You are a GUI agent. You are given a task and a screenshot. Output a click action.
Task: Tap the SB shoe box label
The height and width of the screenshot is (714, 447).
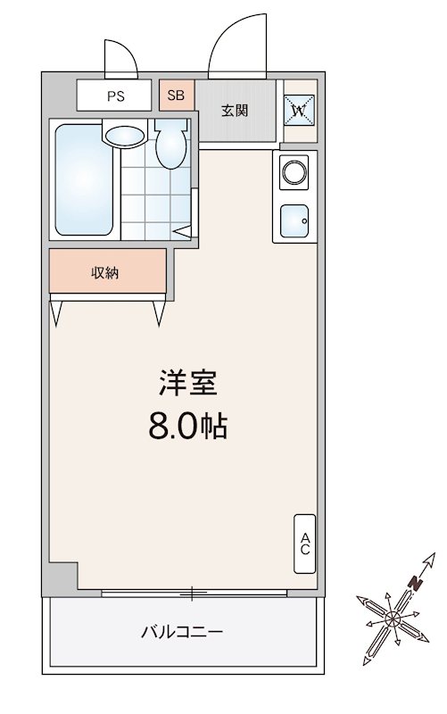pyautogui.click(x=175, y=95)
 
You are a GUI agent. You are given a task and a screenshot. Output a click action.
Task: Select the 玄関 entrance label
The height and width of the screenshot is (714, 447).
pyautogui.click(x=235, y=111)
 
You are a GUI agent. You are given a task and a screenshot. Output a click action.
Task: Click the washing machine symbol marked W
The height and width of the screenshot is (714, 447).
pyautogui.click(x=300, y=111)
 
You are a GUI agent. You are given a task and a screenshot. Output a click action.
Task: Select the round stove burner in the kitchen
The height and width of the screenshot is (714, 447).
pyautogui.click(x=294, y=170)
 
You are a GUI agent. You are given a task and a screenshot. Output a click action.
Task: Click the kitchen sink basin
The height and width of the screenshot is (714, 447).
pyautogui.click(x=294, y=218)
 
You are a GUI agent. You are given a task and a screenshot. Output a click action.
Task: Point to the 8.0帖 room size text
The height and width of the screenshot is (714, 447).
pyautogui.click(x=188, y=426)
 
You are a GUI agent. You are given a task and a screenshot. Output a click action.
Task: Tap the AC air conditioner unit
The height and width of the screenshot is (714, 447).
pyautogui.click(x=304, y=544)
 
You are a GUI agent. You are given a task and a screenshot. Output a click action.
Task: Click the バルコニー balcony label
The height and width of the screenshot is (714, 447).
pyautogui.click(x=181, y=632)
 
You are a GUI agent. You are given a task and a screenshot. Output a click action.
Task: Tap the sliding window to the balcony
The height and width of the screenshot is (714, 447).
pyautogui.click(x=193, y=593)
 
